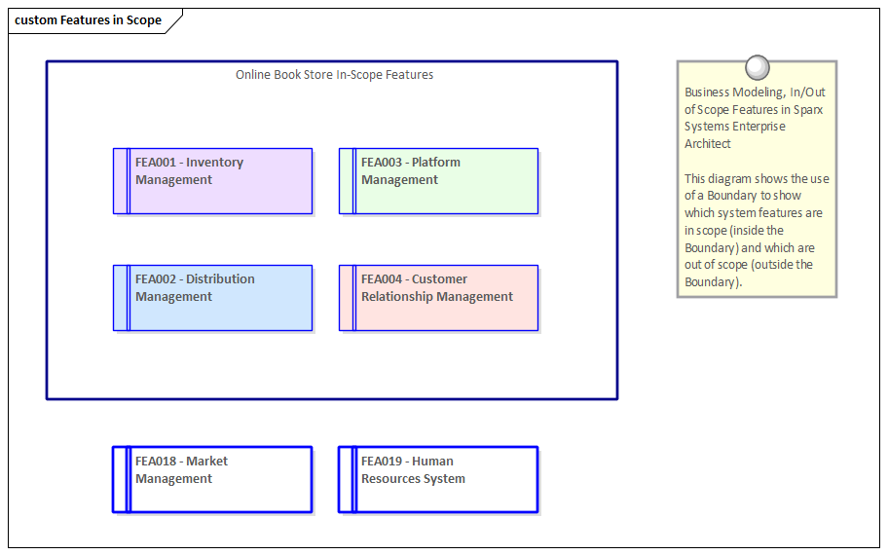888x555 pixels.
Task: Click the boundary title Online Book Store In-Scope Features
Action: point(334,75)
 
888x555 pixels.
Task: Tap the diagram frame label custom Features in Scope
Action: point(88,20)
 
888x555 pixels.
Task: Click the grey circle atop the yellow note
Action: point(757,67)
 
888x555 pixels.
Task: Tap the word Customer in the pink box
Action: point(439,279)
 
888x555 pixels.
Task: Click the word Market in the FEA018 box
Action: point(206,462)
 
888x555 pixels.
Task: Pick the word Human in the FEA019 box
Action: point(432,462)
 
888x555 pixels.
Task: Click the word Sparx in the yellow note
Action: point(808,110)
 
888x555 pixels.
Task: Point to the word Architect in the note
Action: point(708,144)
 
